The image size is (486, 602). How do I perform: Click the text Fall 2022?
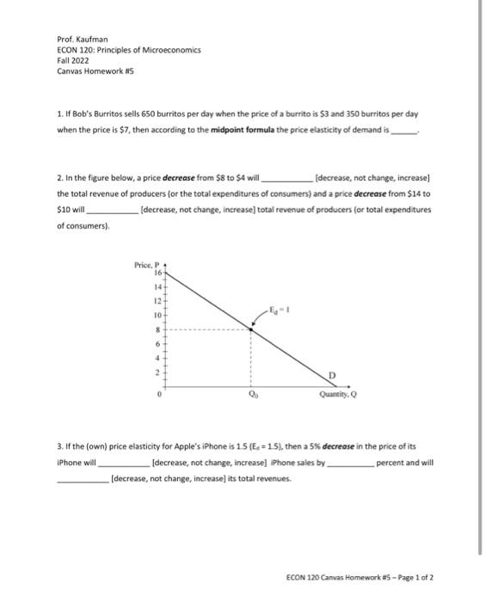click(x=72, y=60)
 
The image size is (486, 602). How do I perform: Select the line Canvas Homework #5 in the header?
click(x=89, y=71)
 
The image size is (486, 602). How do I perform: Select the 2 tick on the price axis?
click(x=157, y=372)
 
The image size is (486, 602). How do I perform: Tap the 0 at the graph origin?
click(x=159, y=396)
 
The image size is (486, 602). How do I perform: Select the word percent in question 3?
click(x=393, y=462)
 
